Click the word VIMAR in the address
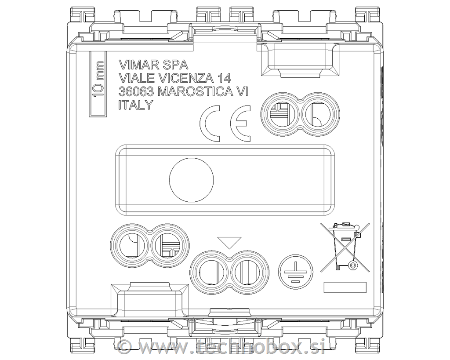(136, 65)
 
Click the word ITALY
(135, 105)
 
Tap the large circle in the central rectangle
(192, 180)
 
